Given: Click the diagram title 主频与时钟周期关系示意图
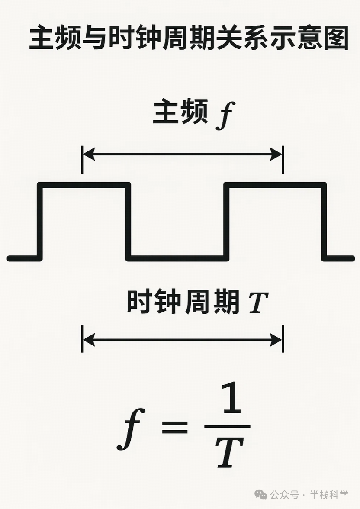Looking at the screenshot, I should click(x=189, y=39).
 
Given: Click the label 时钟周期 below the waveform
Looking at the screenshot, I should click(x=183, y=302).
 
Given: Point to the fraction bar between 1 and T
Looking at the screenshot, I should click(x=227, y=427).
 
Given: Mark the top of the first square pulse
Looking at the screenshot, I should click(x=84, y=185).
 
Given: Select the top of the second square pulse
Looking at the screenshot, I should click(x=275, y=185).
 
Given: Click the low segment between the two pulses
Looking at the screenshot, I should click(x=177, y=258).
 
